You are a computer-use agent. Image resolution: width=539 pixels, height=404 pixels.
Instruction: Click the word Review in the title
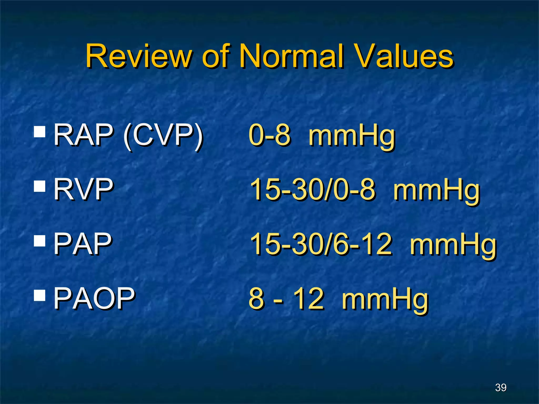139,56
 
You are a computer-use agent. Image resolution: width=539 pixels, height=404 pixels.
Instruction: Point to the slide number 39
501,387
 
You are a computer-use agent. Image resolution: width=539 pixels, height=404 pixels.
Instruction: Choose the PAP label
83,244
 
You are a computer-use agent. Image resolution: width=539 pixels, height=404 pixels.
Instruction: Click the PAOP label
94,299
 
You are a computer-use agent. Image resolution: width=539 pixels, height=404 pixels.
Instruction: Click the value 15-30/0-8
312,189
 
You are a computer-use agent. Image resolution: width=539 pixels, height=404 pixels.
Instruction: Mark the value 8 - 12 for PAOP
286,299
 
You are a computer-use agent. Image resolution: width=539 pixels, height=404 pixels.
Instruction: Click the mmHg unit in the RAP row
352,137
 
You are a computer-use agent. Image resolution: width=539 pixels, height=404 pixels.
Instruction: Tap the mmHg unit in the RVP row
436,191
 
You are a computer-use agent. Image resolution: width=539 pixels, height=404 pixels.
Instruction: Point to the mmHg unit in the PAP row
453,246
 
